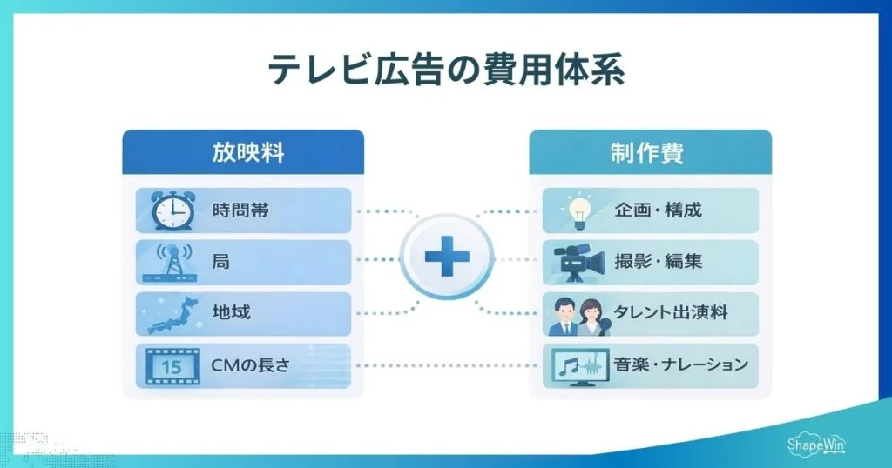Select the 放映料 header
coord(242,153)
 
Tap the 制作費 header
coord(650,153)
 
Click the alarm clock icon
coord(172,211)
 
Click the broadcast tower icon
coord(171,262)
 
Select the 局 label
coord(221,262)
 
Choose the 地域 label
coord(231,313)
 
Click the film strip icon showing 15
coord(172,366)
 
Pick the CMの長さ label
coord(250,365)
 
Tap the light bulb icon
coord(579,211)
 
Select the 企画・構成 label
coord(658,211)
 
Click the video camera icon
coord(579,262)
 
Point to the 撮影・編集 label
coord(658,262)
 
